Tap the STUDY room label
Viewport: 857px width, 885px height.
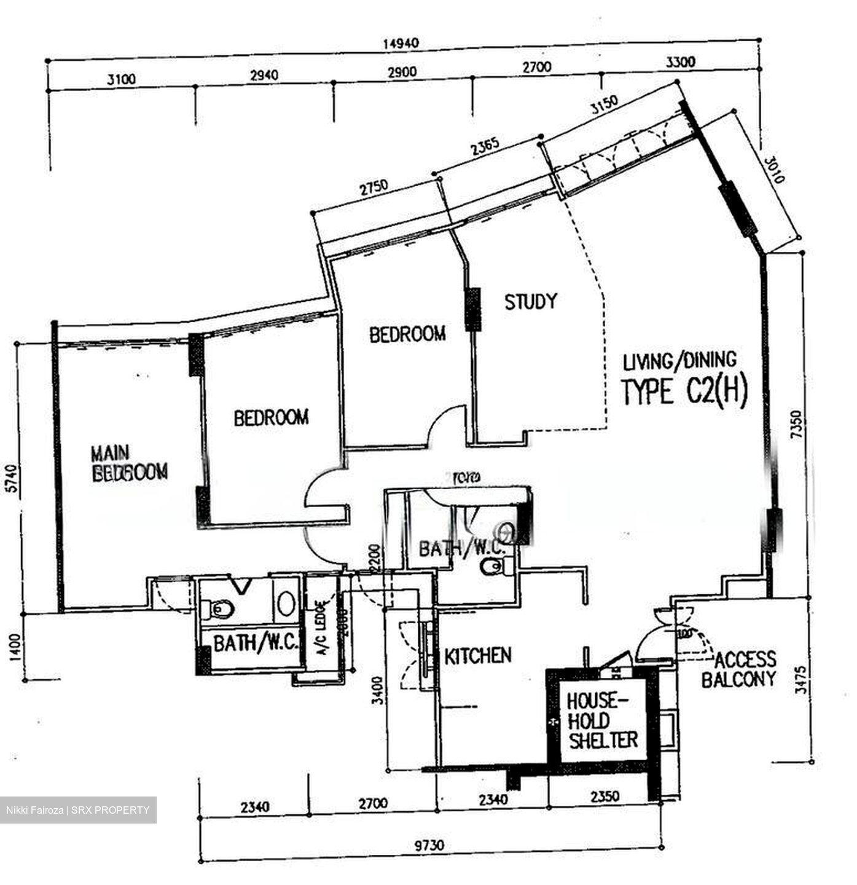531,302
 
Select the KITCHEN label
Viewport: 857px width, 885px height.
478,656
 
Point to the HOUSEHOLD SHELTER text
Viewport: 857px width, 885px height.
602,721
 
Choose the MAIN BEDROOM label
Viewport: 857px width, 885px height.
128,463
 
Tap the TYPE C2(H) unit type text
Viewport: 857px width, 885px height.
684,392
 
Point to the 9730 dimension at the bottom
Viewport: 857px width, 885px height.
428,846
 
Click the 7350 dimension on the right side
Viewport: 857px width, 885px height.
797,424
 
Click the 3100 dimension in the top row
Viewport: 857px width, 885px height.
121,79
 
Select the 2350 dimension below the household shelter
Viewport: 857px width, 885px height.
605,796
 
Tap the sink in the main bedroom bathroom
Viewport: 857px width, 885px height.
284,604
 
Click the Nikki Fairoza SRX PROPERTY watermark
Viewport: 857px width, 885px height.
78,810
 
